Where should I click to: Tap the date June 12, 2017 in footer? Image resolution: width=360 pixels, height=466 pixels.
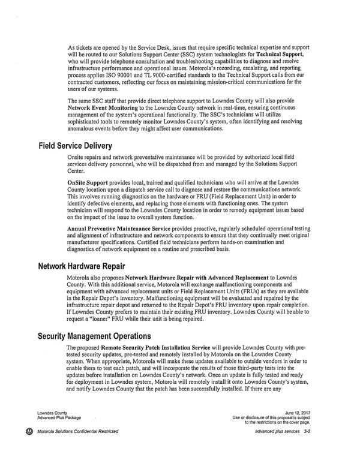(300, 413)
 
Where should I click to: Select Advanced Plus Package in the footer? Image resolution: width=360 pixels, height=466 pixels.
(58, 417)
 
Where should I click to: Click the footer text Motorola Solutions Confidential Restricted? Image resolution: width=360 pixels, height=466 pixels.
(77, 432)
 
